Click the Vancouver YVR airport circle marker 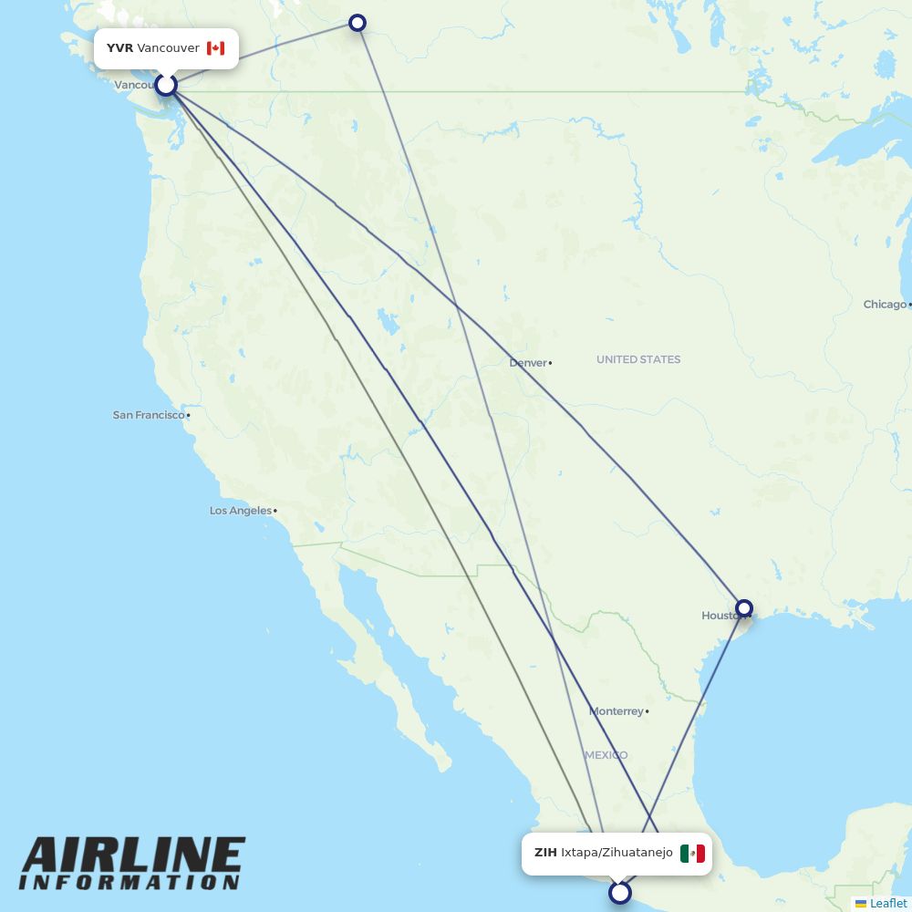(166, 85)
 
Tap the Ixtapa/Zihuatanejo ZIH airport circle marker (620, 892)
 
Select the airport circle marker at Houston (744, 608)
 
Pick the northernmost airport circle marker (358, 23)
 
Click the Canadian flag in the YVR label (215, 48)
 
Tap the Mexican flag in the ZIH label (692, 854)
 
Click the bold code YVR (119, 48)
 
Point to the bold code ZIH (545, 853)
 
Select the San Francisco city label (149, 415)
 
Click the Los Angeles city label (241, 511)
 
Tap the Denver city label (528, 363)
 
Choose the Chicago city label (885, 305)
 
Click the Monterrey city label (617, 711)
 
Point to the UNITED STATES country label (638, 359)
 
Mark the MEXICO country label (606, 755)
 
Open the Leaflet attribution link (887, 904)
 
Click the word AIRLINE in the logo (133, 855)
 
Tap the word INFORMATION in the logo (130, 883)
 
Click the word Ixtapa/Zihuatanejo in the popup (617, 853)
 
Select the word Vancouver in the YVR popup (168, 48)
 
